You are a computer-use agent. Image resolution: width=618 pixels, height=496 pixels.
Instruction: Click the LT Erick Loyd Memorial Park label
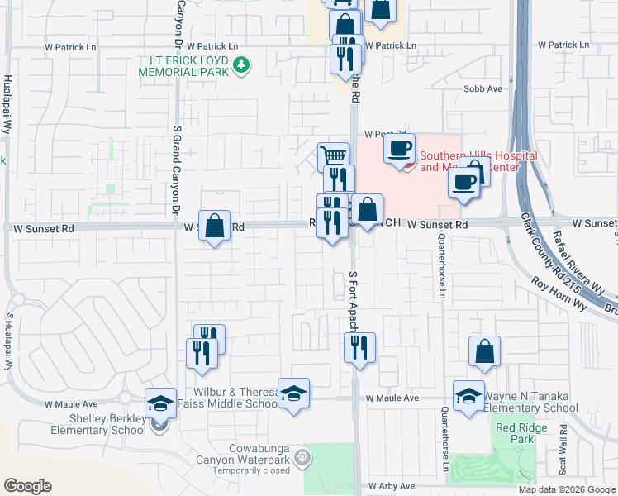tap(189, 66)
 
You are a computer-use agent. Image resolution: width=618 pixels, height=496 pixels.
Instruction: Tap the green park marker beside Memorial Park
tap(241, 64)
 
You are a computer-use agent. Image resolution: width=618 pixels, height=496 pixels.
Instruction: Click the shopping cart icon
tap(333, 155)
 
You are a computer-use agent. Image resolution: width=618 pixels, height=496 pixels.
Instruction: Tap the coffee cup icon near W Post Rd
tap(400, 149)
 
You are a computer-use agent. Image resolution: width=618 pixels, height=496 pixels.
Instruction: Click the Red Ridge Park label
tap(514, 434)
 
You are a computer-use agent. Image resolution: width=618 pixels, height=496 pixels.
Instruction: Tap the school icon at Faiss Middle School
tap(293, 393)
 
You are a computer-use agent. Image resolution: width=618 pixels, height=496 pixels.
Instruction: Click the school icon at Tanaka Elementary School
tap(468, 394)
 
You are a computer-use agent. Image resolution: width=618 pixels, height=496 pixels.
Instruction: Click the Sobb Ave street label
tap(483, 88)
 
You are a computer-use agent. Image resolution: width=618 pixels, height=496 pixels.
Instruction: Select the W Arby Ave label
tap(392, 486)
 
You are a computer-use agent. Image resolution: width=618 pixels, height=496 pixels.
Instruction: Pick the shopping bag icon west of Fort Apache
tap(214, 225)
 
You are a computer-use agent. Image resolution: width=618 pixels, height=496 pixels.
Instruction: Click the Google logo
tap(28, 486)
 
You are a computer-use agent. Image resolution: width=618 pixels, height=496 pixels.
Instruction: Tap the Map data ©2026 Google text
tap(566, 489)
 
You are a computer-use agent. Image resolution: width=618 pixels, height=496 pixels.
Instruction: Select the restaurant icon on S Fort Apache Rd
tap(359, 347)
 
